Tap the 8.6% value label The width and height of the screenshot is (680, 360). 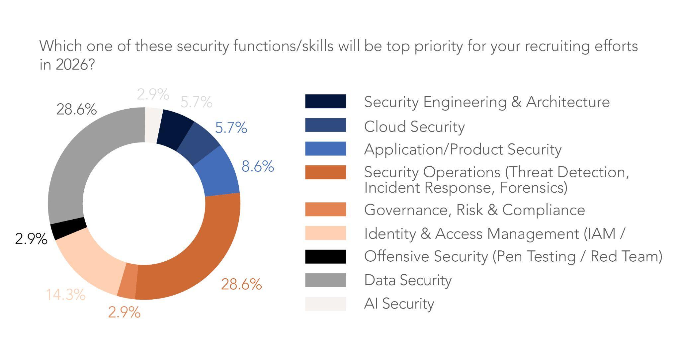coord(258,166)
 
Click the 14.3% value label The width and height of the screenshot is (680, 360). coord(65,295)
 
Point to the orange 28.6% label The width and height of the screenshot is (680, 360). coord(241,284)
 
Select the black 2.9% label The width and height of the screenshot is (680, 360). coord(31,239)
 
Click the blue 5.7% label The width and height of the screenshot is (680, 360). coord(231,128)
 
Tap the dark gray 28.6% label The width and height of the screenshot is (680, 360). coord(76,109)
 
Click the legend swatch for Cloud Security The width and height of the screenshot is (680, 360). coord(325,125)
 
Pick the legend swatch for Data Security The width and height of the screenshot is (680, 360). coord(325,280)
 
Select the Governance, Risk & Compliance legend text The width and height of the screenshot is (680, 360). coord(474,210)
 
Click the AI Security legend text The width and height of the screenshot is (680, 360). coord(399,304)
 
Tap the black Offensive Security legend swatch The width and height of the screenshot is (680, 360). coord(325,256)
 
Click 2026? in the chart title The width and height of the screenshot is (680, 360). coord(75,64)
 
